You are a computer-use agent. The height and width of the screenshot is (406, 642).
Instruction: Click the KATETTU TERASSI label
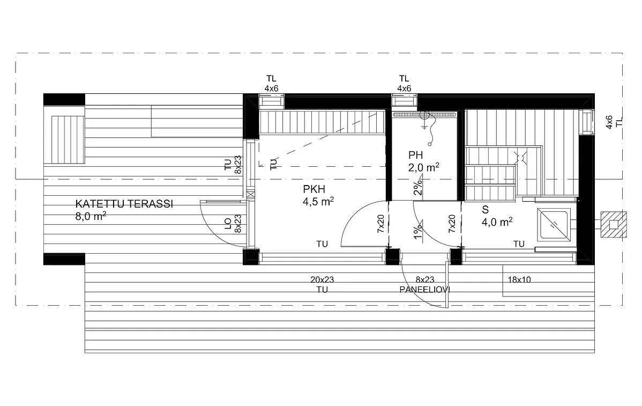coord(124,204)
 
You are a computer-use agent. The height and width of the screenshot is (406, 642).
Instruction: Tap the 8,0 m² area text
coord(91,217)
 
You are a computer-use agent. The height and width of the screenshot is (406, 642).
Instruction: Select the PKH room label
coord(314,189)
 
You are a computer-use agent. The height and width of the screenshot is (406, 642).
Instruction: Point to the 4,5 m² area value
coord(319,202)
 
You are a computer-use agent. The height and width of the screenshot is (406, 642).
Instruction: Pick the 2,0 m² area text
coord(423,168)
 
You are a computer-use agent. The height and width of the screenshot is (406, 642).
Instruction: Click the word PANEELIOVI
coord(424,289)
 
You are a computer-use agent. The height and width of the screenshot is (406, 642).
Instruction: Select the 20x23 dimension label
coord(322,279)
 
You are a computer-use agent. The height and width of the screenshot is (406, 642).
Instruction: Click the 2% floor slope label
coord(417,186)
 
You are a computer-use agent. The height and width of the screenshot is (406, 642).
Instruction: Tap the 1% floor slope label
coord(417,228)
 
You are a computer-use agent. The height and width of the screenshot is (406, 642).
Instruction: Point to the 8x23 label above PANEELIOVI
coord(424,279)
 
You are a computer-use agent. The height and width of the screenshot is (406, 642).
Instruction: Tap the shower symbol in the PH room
coord(426,119)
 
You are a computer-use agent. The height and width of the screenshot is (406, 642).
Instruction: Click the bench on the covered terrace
coord(68,138)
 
